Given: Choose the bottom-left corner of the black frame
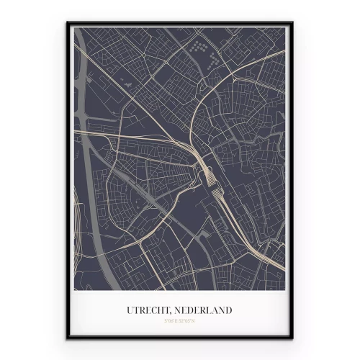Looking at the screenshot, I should pyautogui.click(x=67, y=338).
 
